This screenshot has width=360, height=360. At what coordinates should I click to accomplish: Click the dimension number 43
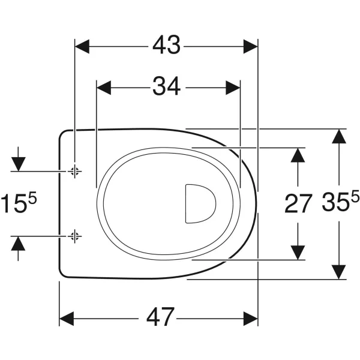coord(166,45)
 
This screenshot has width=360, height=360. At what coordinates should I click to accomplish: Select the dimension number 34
coord(167,86)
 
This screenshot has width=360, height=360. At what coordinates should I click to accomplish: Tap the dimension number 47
coord(160,317)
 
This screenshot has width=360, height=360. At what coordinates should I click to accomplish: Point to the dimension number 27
coord(298,203)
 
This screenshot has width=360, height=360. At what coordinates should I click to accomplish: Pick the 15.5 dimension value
coord(19,202)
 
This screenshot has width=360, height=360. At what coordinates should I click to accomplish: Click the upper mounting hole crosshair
coord(74,171)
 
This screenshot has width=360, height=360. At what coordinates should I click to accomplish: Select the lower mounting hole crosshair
coord(74,236)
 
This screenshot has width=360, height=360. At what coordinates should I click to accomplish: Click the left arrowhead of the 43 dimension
coord(82,46)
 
